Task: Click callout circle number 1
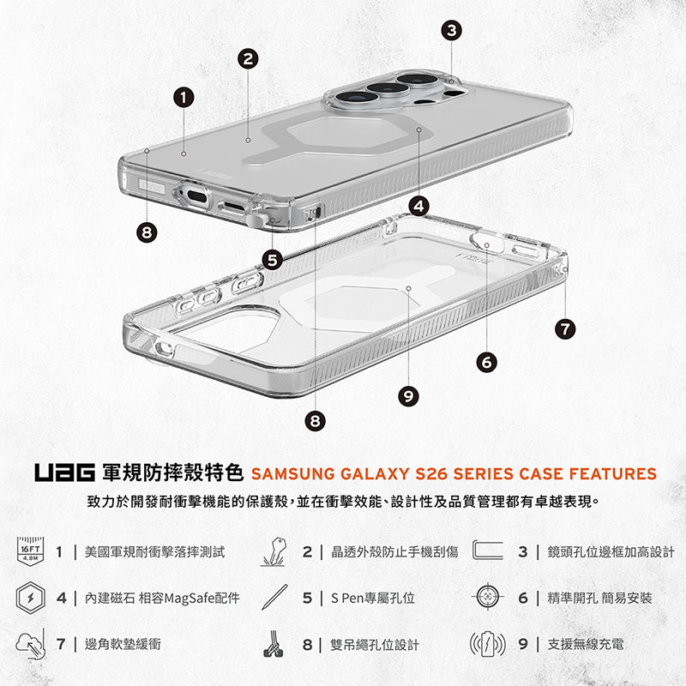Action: coord(184,98)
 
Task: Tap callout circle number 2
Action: coord(248,58)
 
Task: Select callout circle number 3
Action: coord(452,31)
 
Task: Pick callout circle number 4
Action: coord(419,206)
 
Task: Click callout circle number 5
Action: coord(272,261)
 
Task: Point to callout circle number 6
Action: coord(487,362)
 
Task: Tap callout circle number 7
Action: coord(565,328)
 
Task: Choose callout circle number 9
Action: coord(408,396)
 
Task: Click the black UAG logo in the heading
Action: coord(65,473)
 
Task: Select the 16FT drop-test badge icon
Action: coord(31,551)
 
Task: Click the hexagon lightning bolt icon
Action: coord(31,598)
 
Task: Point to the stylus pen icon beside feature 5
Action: coord(274,597)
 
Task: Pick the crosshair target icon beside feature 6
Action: coord(487,596)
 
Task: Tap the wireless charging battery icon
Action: coord(487,644)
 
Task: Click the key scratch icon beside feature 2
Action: coord(274,551)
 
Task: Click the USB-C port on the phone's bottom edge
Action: coord(196,196)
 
